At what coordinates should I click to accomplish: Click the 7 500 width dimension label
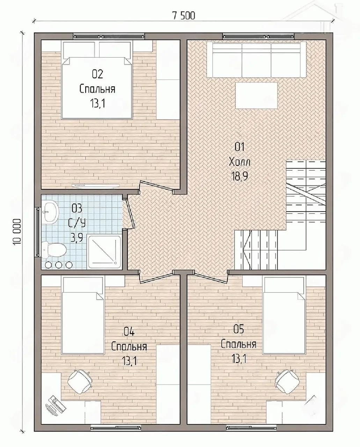pos(184,16)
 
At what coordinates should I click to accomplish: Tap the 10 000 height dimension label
pos(17,232)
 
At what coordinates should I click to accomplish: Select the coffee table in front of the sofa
pos(256,96)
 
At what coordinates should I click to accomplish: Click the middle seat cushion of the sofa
pos(256,60)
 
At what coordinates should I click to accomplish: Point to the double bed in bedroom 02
pos(97,80)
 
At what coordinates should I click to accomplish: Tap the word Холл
pos(240,162)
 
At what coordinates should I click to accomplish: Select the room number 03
pos(77,208)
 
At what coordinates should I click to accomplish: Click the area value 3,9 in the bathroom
pos(77,238)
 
